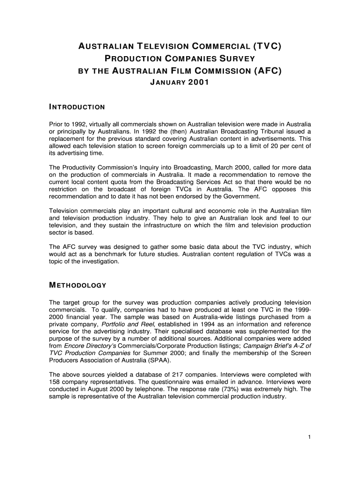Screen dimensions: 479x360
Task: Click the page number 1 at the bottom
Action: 310,437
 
